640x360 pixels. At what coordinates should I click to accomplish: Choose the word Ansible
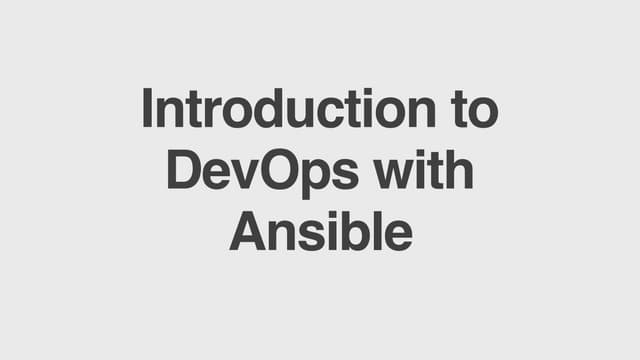(320, 232)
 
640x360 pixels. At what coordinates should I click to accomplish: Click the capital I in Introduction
(148, 110)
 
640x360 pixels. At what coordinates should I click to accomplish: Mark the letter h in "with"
(458, 171)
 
